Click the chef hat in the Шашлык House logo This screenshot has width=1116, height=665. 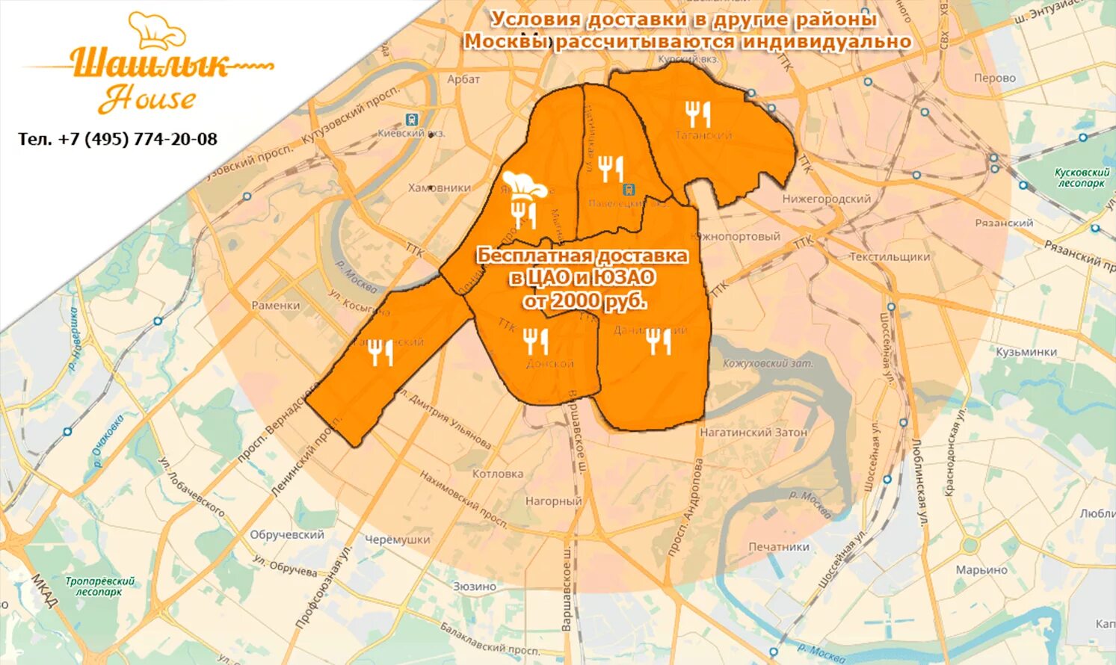[x=157, y=30]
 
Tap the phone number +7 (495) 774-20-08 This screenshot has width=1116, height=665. [x=118, y=139]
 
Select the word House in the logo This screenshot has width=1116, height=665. [x=147, y=99]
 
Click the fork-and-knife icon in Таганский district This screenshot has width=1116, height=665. [x=697, y=114]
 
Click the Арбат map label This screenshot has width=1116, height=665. [x=463, y=79]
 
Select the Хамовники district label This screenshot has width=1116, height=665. [x=440, y=188]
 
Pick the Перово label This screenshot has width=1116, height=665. [x=995, y=78]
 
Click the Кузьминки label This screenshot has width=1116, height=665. [x=1026, y=352]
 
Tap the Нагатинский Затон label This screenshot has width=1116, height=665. [x=753, y=432]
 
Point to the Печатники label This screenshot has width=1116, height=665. [x=779, y=546]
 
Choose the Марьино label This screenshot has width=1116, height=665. [x=981, y=569]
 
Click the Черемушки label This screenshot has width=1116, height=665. [x=398, y=539]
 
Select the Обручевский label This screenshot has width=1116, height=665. [x=287, y=535]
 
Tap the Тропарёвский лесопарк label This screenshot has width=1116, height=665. [x=99, y=586]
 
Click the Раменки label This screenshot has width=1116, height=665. [x=276, y=305]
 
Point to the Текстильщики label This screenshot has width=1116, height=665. [x=890, y=256]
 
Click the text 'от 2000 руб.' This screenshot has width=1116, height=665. [x=584, y=300]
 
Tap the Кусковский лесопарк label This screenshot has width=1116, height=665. [x=1082, y=178]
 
